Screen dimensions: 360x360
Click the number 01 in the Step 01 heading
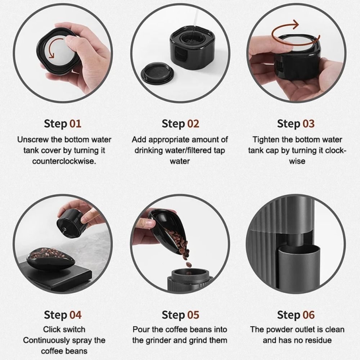[75, 124]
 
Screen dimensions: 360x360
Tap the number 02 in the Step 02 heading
[193, 124]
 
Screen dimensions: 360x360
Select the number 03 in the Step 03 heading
[308, 124]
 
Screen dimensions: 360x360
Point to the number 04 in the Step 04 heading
[75, 315]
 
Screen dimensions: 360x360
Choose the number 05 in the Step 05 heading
[193, 315]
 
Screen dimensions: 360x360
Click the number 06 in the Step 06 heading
[308, 315]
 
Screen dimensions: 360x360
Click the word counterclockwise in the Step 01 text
[64, 161]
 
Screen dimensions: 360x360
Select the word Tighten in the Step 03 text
[265, 139]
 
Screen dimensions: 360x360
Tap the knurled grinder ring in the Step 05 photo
[187, 275]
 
